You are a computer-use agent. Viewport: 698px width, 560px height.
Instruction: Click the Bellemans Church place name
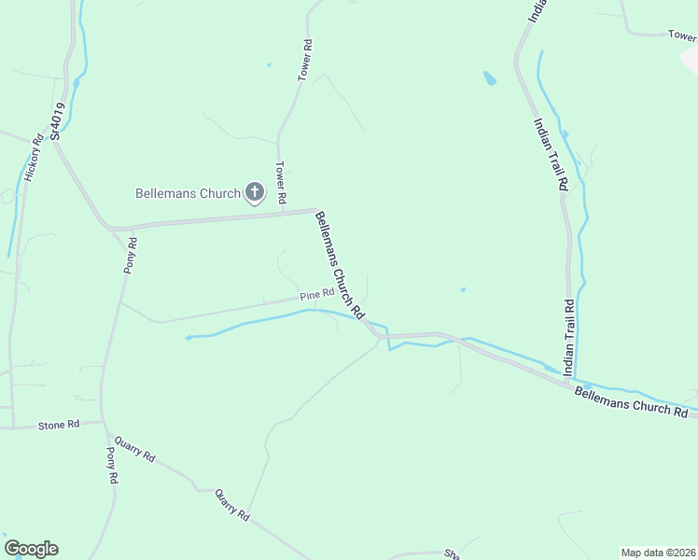click(x=188, y=194)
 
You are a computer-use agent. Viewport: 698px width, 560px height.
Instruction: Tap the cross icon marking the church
click(x=253, y=193)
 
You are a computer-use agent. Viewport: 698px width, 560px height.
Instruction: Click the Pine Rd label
click(x=317, y=294)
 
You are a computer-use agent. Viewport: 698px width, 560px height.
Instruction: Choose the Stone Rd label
click(x=52, y=426)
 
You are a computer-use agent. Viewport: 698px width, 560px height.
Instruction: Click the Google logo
click(x=31, y=549)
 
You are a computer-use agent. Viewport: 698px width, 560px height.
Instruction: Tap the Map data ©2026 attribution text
click(x=658, y=552)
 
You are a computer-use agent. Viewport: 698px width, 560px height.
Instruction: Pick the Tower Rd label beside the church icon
click(x=279, y=182)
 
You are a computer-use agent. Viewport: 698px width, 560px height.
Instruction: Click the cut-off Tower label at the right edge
click(x=682, y=35)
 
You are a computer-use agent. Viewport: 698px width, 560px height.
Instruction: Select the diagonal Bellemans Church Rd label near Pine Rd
click(x=339, y=263)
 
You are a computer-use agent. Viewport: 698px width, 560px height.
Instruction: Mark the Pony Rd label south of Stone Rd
click(x=112, y=464)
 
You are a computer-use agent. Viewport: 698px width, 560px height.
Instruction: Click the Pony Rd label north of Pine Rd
click(x=131, y=255)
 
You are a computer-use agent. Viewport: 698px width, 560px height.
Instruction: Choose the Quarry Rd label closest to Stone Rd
click(x=136, y=453)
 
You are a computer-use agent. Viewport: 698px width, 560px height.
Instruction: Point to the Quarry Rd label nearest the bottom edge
click(x=232, y=505)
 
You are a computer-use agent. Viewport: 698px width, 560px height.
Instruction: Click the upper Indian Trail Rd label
click(x=550, y=154)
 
